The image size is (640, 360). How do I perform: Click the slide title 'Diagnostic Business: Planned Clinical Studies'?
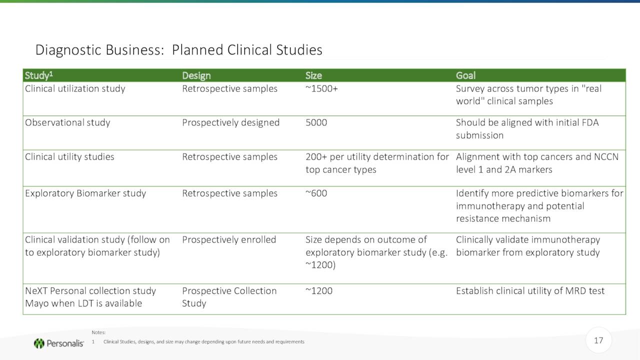coord(179,50)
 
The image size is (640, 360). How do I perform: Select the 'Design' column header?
coord(196,75)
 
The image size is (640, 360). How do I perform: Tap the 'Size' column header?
coord(313,75)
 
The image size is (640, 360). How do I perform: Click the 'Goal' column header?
coord(465,75)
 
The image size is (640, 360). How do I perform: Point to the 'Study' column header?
coord(39,75)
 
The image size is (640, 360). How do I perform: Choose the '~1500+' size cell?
coord(321,88)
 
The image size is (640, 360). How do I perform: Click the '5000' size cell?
coord(316,122)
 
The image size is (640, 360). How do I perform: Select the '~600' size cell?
coord(316,193)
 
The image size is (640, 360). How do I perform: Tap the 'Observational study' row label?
coord(67,122)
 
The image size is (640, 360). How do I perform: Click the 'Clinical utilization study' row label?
coord(75,89)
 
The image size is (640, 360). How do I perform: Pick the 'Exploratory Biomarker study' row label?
coord(85,193)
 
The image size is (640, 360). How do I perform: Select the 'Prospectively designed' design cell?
coord(230,122)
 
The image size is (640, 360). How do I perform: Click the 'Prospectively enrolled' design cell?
coord(229,239)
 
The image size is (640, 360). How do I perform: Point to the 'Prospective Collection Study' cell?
coord(229,297)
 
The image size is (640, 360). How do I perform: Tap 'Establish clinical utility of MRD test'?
coord(530,291)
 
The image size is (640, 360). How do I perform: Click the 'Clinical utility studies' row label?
coord(69,157)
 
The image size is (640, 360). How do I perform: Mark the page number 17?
coord(598,340)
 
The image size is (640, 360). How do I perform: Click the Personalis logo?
coord(59,343)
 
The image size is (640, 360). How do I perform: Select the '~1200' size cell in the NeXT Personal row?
coord(319,291)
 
